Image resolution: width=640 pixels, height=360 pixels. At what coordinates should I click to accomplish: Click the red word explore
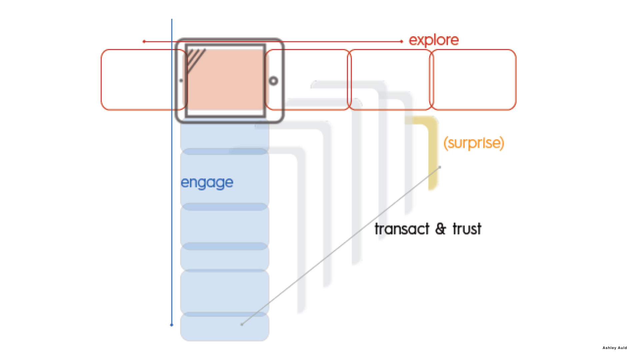tap(434, 40)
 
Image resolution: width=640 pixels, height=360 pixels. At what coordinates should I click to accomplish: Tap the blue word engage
tap(207, 183)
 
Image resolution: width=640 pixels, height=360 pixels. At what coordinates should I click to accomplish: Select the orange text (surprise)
tap(473, 143)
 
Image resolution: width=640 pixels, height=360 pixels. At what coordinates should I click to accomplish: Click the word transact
tap(402, 229)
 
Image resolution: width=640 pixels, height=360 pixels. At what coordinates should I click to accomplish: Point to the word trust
tap(467, 229)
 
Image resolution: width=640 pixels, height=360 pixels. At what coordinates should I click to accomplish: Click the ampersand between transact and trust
tap(440, 229)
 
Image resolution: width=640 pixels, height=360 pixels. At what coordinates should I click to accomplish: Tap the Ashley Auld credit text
tap(614, 348)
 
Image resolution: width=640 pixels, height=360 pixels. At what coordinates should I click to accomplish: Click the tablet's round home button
tap(273, 81)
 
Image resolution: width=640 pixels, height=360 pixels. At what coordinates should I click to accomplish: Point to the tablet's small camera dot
tap(181, 80)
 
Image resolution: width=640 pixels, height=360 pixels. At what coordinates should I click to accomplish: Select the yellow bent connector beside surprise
tap(432, 150)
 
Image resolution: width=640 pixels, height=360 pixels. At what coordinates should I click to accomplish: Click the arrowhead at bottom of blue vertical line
tap(172, 325)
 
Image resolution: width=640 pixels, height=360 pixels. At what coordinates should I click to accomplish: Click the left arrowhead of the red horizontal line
tap(144, 41)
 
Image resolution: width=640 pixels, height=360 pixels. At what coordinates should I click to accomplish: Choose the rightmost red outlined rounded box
tap(473, 80)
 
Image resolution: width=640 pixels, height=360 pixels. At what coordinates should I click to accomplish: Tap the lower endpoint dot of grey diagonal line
tap(242, 324)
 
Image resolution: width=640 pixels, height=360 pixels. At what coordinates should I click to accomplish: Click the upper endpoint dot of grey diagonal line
tap(440, 167)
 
